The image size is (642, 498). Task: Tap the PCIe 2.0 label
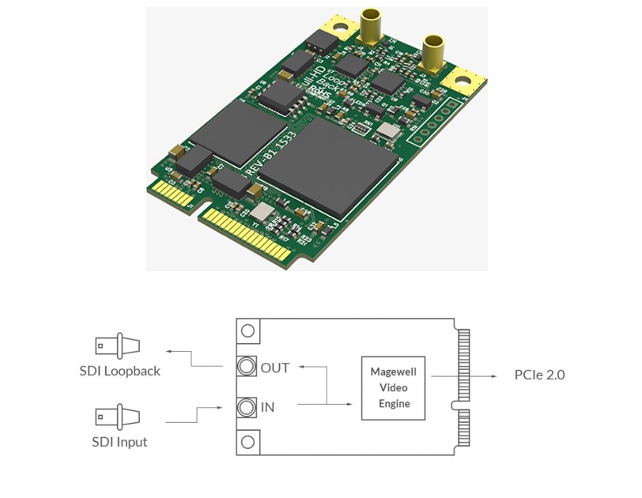[539, 375]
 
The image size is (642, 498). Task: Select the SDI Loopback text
[119, 370]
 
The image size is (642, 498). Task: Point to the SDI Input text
[119, 441]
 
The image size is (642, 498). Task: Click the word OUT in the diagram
[274, 368]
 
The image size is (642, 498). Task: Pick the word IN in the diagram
[267, 407]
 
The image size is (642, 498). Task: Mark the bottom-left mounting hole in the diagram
[249, 443]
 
